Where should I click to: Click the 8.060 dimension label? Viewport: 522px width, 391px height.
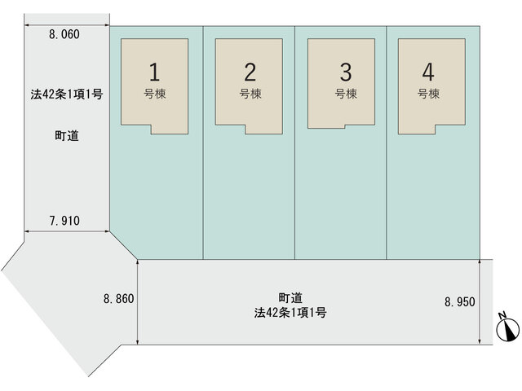click(x=64, y=34)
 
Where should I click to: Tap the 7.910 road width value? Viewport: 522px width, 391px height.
click(x=64, y=221)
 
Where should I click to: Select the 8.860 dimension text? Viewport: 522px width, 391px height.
click(x=118, y=299)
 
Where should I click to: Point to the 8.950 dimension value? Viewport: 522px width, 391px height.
click(x=460, y=302)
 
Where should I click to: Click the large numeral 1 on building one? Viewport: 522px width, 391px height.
click(x=154, y=72)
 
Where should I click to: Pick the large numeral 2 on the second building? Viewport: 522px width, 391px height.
click(x=250, y=72)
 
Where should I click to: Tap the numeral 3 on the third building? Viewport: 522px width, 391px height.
click(x=346, y=72)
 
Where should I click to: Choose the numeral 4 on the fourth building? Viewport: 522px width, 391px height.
click(x=428, y=72)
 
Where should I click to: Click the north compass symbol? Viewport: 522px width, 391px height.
click(x=507, y=327)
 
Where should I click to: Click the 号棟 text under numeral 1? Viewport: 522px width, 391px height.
click(x=155, y=94)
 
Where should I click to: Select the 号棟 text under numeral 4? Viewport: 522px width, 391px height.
click(x=429, y=94)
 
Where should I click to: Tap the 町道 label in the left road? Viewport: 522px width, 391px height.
click(x=67, y=136)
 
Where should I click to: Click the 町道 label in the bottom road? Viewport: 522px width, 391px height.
click(x=290, y=298)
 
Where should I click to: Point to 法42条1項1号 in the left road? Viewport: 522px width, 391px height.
click(x=67, y=94)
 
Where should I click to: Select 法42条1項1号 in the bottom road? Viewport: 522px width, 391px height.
click(x=290, y=313)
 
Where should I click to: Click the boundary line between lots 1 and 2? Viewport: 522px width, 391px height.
click(x=203, y=143)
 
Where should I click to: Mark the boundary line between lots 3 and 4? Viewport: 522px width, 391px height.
click(x=387, y=143)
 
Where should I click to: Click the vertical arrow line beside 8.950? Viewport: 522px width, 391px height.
click(x=480, y=302)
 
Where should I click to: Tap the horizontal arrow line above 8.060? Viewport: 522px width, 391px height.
click(x=67, y=25)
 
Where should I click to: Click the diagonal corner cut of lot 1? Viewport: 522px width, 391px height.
click(x=123, y=245)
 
